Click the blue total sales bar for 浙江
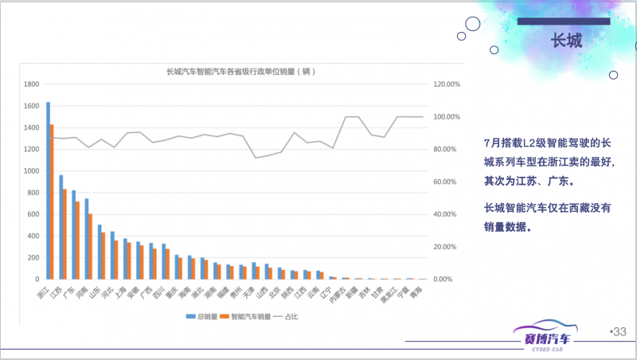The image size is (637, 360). [x=48, y=191]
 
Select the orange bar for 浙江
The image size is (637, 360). [x=52, y=202]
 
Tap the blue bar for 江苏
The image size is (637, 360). [x=61, y=227]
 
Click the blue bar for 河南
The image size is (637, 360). [x=86, y=239]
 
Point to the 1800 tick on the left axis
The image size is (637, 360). [x=32, y=84]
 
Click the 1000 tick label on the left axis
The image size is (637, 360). [x=32, y=171]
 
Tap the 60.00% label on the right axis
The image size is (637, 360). [x=444, y=182]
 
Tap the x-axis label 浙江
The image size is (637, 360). [x=44, y=291]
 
